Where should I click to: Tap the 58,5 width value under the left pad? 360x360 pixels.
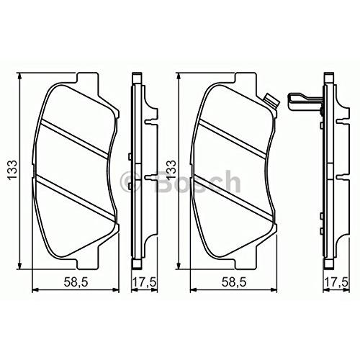pyautogui.click(x=76, y=282)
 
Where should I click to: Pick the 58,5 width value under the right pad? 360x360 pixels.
pyautogui.click(x=234, y=282)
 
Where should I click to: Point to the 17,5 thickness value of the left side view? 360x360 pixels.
pyautogui.click(x=145, y=282)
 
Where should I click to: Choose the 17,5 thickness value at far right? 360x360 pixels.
pyautogui.click(x=336, y=282)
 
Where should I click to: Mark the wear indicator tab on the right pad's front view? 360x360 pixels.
pyautogui.click(x=271, y=101)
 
